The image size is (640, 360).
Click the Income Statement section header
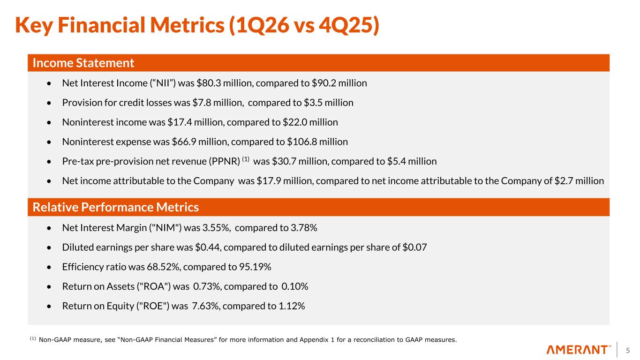tap(83, 63)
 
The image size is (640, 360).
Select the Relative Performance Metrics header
tap(115, 207)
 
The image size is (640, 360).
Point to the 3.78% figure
tap(305, 228)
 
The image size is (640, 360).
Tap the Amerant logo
tap(579, 350)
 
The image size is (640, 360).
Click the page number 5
tap(628, 350)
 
